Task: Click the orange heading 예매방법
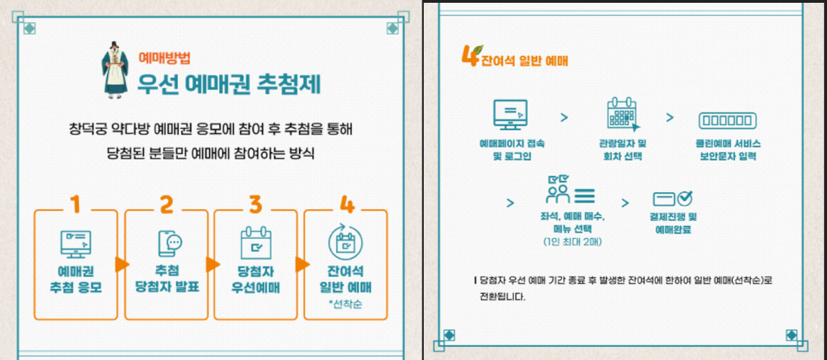164,58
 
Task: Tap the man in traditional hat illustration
113,70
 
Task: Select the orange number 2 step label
166,204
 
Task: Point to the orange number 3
255,204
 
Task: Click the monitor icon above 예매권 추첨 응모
75,244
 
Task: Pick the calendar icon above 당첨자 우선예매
256,242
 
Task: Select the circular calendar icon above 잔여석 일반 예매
345,242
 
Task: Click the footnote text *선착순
345,305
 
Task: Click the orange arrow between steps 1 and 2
121,264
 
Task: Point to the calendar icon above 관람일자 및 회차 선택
622,116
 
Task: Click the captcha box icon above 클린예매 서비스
725,118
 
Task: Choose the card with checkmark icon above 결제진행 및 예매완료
672,198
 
